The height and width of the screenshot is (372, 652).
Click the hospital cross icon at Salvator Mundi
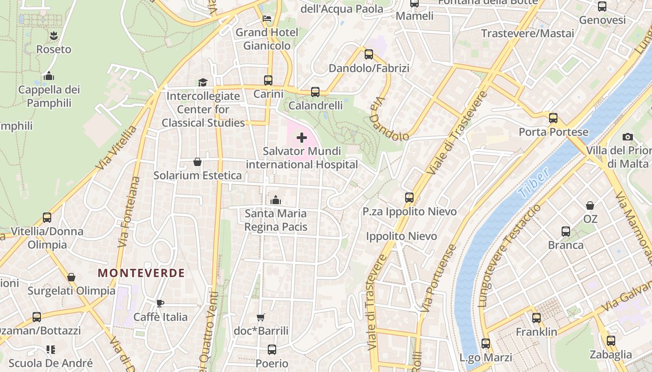(302, 138)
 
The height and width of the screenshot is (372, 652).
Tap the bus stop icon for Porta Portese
(553, 118)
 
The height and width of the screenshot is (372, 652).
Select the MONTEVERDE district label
(141, 273)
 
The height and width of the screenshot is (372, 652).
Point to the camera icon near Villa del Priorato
(628, 137)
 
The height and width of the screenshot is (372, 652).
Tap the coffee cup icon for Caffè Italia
(160, 303)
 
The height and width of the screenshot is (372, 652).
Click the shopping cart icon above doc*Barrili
(261, 317)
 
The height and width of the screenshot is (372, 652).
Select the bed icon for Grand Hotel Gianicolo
(267, 19)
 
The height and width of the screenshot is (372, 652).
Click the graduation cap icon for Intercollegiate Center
(203, 82)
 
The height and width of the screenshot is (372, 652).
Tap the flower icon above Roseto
(54, 35)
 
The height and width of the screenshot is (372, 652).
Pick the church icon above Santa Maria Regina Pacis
(276, 200)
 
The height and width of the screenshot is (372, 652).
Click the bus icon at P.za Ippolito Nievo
(409, 198)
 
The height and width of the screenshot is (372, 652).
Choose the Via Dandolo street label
(389, 119)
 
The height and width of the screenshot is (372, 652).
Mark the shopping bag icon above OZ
(590, 205)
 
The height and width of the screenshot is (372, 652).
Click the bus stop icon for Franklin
(537, 318)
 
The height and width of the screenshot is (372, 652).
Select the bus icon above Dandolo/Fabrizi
(369, 54)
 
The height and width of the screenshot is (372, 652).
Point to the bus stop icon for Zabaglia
(611, 341)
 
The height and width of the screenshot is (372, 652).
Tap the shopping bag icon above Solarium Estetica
(197, 162)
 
